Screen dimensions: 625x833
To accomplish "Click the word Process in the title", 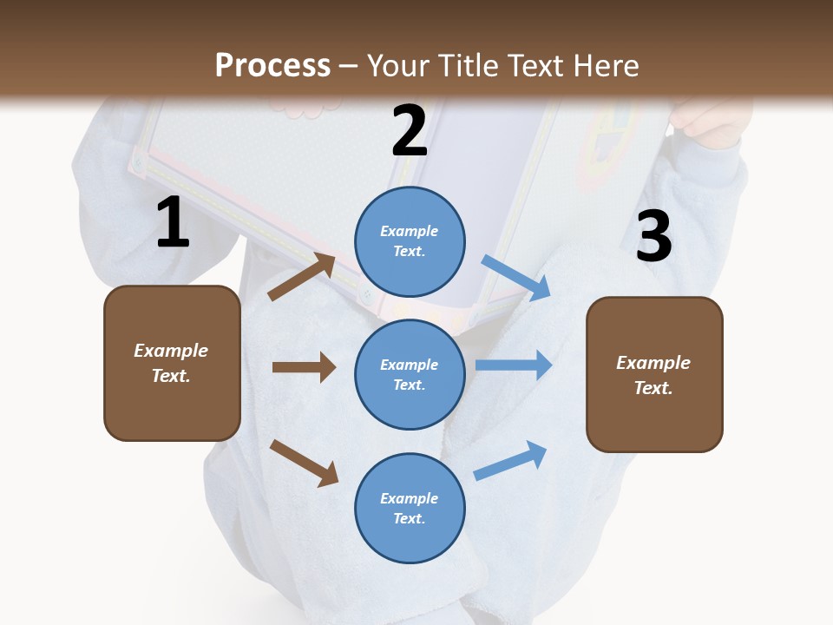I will (x=272, y=65).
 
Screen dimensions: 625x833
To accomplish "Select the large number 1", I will (x=173, y=224).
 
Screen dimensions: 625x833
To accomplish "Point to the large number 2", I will (x=410, y=132).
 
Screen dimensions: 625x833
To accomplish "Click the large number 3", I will (x=653, y=238).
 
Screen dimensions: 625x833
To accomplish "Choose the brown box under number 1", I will (x=172, y=363).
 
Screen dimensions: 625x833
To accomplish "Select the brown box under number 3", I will (x=654, y=375).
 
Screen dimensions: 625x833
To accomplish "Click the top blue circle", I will (x=410, y=241).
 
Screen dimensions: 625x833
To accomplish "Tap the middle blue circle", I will (x=410, y=374).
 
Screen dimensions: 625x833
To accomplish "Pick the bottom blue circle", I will (x=410, y=508).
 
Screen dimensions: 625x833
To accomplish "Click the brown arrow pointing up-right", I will (x=302, y=276).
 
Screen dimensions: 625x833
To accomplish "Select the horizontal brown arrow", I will (x=304, y=367).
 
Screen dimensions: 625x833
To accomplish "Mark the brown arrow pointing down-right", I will (x=304, y=463).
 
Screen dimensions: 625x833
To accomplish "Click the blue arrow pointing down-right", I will (x=516, y=278).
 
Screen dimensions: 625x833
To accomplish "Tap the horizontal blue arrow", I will (x=514, y=365).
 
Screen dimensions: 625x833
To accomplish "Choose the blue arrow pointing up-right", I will (x=511, y=460).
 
